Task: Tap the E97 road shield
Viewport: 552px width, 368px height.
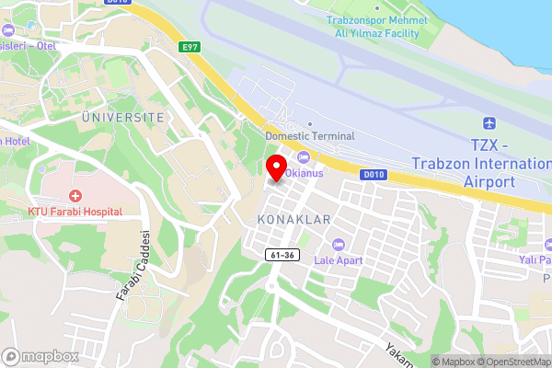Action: click(x=190, y=46)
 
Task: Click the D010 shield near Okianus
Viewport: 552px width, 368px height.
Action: click(x=372, y=173)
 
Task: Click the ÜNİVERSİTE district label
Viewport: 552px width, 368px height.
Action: click(x=122, y=118)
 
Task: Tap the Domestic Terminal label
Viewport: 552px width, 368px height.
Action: click(x=309, y=135)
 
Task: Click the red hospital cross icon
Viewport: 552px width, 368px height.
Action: click(x=74, y=196)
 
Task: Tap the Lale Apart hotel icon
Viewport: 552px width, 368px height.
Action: click(x=339, y=244)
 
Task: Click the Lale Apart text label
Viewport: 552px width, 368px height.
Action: click(x=339, y=260)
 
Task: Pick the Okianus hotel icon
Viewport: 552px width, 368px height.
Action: click(x=303, y=156)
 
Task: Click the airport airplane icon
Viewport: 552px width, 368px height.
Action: click(x=489, y=123)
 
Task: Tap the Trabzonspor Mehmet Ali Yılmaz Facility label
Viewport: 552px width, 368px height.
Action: click(x=377, y=27)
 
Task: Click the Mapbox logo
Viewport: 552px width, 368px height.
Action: click(x=40, y=355)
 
